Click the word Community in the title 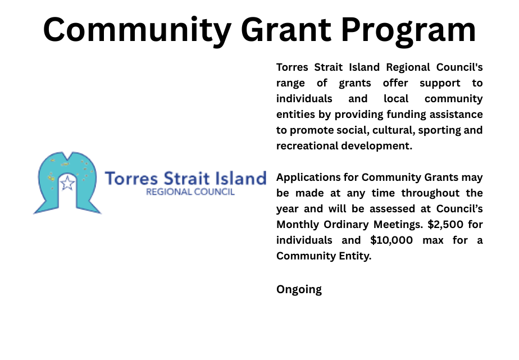[137, 30]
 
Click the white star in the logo [67, 183]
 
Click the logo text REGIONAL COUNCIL [190, 192]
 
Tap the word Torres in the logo [131, 179]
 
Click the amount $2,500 [445, 225]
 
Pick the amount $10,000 [391, 240]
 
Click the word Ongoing [299, 290]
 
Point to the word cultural [394, 130]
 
